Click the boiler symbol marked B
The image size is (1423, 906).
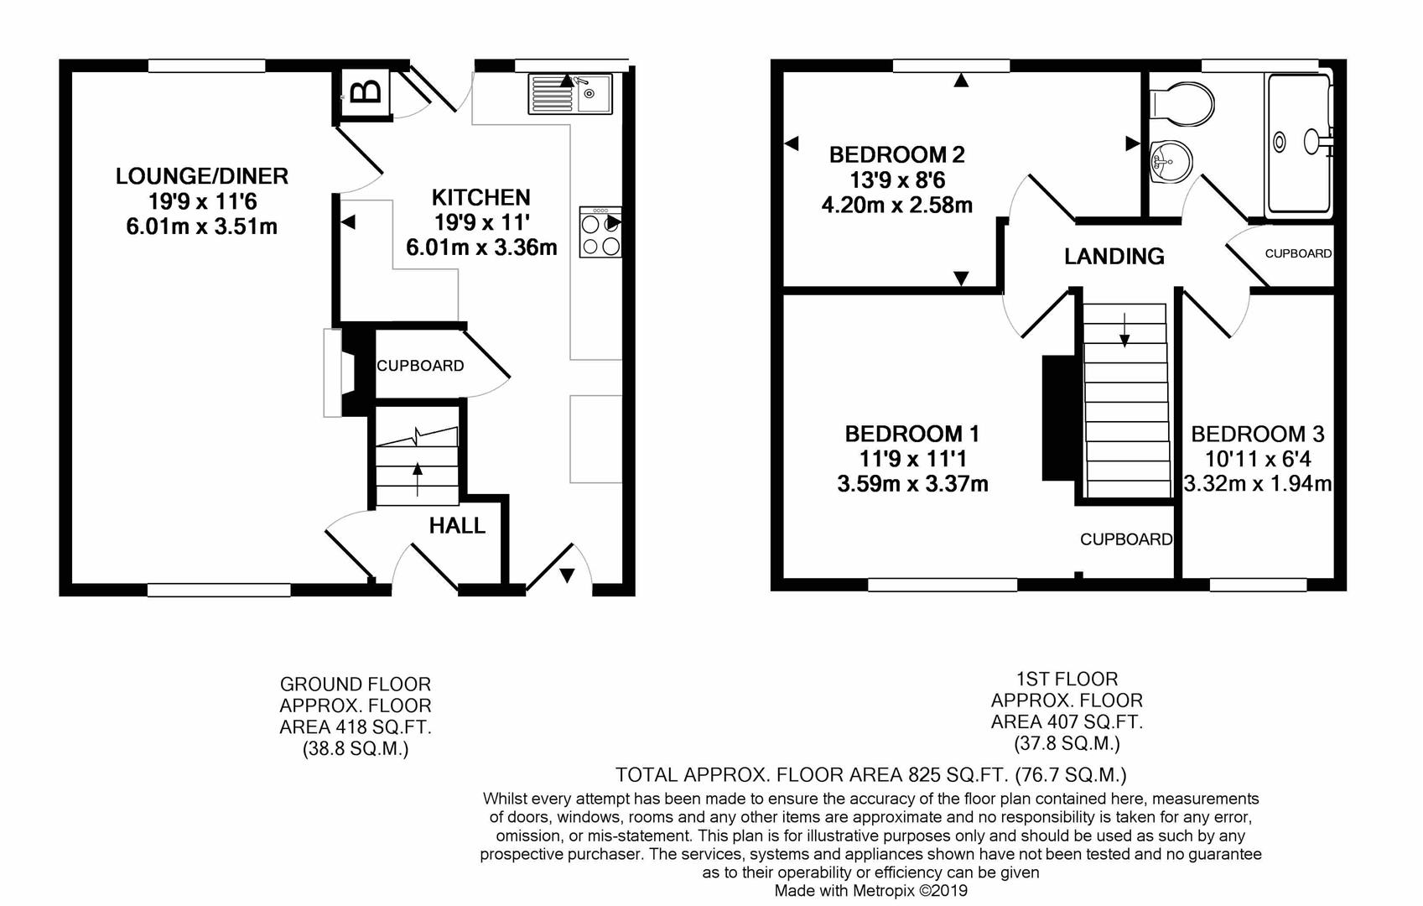pos(366,93)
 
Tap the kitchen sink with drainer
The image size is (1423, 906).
pos(570,94)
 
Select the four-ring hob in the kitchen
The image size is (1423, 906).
pos(600,232)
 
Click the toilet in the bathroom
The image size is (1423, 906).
pos(1182,103)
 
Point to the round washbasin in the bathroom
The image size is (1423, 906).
pos(1170,161)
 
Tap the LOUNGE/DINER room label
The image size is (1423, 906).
pos(202,176)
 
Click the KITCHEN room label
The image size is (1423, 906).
pos(480,198)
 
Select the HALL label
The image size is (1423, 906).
pos(457,525)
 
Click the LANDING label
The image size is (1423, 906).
pos(1114,256)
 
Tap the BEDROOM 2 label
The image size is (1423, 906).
pos(897,154)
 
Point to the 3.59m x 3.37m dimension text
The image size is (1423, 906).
pos(913,484)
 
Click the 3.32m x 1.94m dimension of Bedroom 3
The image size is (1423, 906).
pos(1258,484)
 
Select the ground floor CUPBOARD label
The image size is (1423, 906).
pos(421,366)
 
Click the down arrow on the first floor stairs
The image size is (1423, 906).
pos(1124,330)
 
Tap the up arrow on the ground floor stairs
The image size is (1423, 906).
pos(418,480)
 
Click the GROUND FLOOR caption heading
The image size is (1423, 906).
pos(356,685)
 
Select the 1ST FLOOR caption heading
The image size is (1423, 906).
pos(1067,679)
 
